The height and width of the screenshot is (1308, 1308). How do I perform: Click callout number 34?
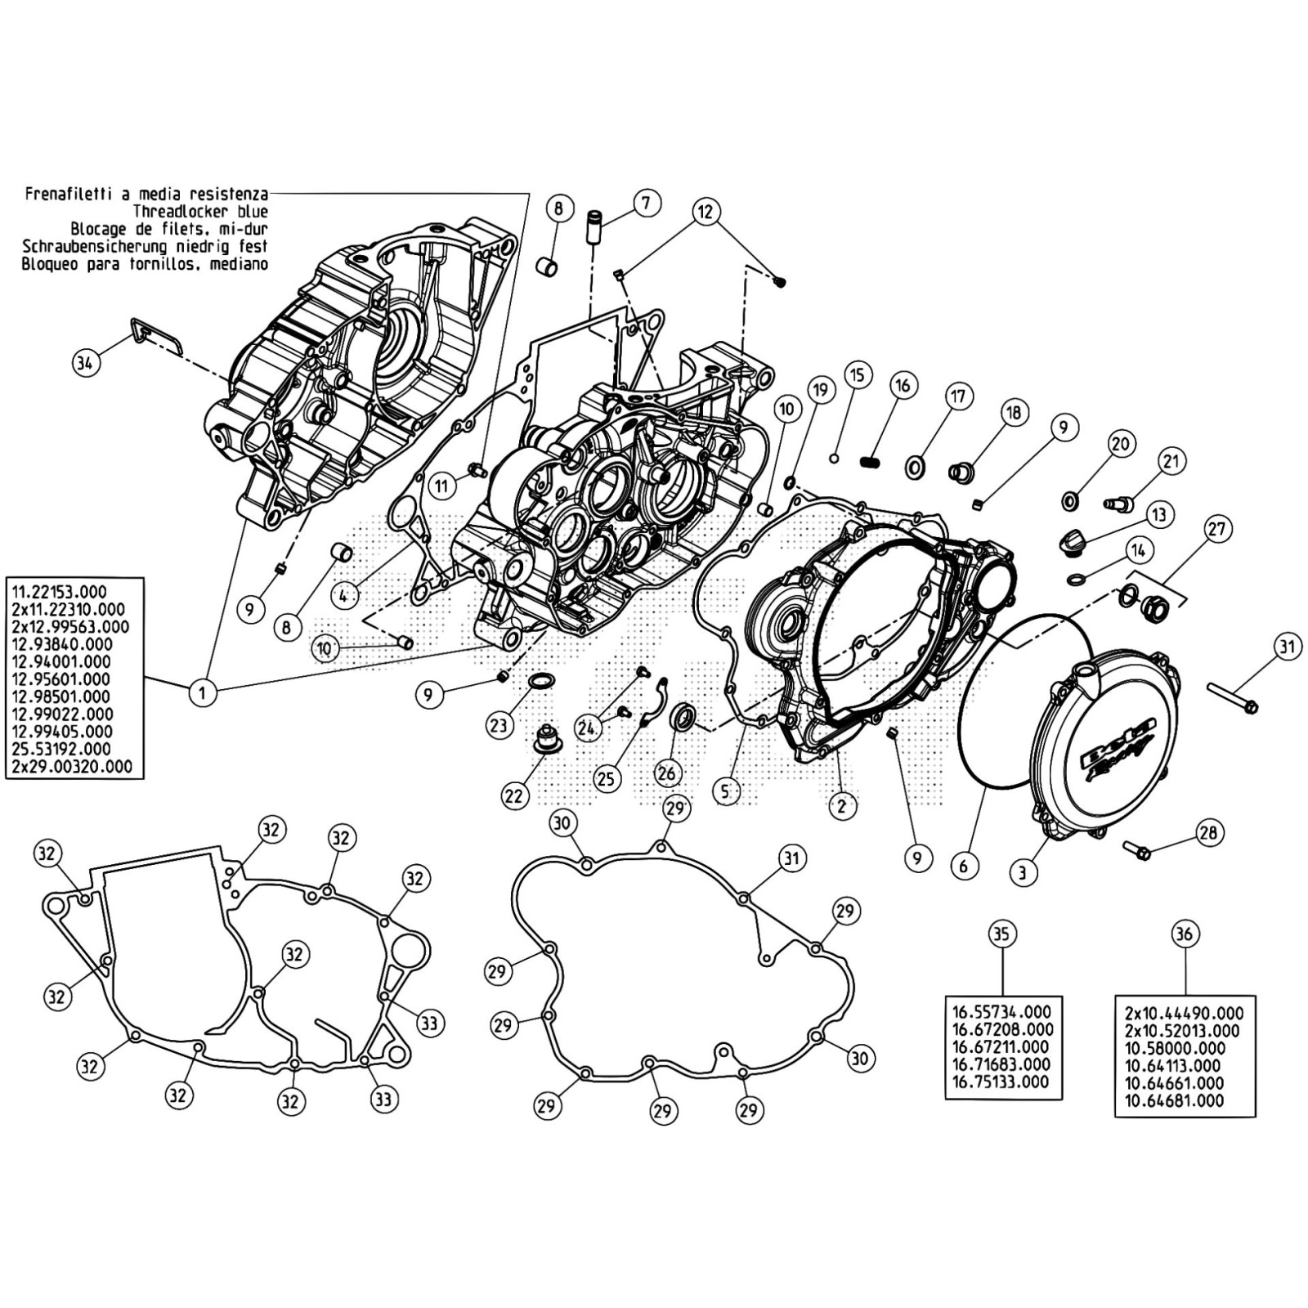[85, 361]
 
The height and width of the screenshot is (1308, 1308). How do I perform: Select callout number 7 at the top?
[646, 202]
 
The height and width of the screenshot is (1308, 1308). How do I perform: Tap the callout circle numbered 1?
[202, 693]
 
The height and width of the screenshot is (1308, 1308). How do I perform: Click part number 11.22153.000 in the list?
[58, 591]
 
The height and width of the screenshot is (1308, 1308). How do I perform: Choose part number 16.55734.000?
[1003, 1012]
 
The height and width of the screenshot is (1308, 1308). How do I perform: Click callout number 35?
[1002, 934]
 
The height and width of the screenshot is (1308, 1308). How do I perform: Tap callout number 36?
[1185, 934]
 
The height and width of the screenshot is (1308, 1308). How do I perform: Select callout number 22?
[515, 795]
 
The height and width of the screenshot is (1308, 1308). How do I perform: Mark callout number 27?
[1217, 528]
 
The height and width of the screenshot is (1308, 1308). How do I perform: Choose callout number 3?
[1022, 872]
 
